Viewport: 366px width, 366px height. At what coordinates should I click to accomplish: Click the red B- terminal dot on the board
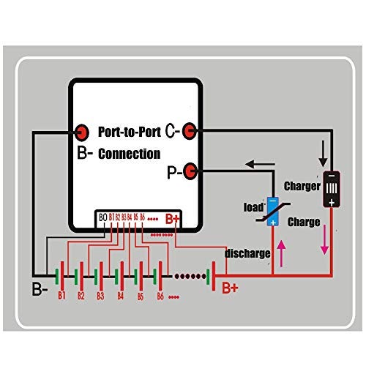click(81, 132)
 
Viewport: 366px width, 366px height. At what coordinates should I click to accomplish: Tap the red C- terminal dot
click(189, 130)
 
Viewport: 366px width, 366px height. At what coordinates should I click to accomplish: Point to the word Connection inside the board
click(129, 154)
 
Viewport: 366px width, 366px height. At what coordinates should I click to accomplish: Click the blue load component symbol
click(272, 211)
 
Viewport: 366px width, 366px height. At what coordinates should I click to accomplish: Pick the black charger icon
click(332, 190)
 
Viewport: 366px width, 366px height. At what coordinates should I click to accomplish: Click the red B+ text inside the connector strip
click(173, 218)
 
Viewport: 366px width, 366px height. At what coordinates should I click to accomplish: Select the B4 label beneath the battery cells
click(121, 297)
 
